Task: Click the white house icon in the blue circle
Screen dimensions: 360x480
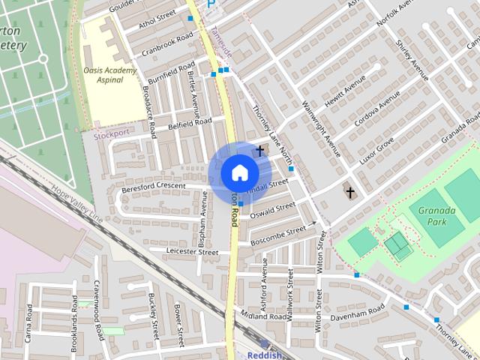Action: click(x=239, y=172)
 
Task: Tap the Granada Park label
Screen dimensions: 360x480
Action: click(x=437, y=217)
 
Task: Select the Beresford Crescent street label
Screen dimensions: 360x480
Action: click(x=153, y=186)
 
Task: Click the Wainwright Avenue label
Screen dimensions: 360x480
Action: click(x=321, y=128)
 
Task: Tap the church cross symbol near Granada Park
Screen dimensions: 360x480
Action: click(x=349, y=193)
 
